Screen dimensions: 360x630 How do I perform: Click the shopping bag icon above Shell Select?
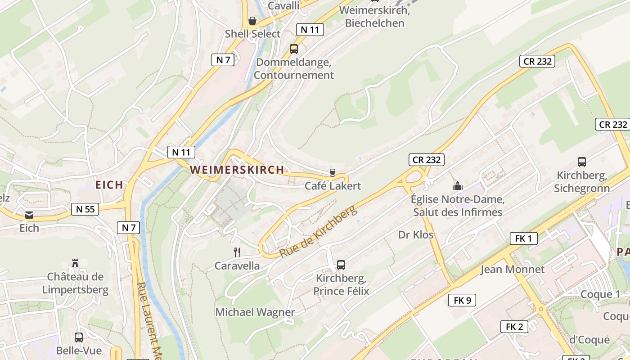[252, 21]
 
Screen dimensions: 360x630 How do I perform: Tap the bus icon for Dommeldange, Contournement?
[294, 49]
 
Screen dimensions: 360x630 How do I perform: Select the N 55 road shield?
[85, 209]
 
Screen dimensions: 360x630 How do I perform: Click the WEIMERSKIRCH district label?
[237, 170]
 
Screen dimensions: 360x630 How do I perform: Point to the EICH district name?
[109, 184]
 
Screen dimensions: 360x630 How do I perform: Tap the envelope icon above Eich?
[29, 215]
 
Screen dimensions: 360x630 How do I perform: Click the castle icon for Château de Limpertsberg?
[75, 263]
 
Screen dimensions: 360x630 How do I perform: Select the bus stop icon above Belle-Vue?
[79, 337]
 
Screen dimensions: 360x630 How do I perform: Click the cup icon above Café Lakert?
[333, 172]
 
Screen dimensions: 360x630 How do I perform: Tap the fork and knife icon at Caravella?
[237, 252]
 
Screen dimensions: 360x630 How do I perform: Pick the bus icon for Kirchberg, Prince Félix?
[341, 265]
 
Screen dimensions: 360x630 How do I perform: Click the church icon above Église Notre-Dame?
[458, 185]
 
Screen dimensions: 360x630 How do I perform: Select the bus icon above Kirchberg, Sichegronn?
[582, 162]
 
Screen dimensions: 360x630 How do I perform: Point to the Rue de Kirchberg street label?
[318, 232]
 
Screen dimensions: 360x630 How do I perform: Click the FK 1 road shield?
[524, 238]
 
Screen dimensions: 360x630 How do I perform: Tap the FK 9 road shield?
[462, 300]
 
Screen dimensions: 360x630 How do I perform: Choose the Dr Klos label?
[416, 235]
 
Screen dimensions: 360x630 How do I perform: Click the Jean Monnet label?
[513, 270]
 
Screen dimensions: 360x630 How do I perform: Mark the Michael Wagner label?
[255, 312]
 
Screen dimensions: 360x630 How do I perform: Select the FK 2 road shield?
[514, 327]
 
